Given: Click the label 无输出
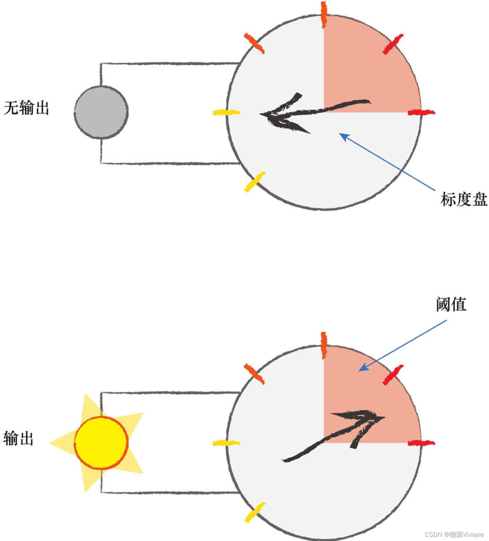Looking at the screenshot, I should (x=26, y=108).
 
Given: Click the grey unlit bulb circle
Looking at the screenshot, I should (x=101, y=112).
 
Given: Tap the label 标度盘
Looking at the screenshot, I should (x=464, y=199).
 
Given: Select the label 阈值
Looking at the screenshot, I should (x=451, y=304).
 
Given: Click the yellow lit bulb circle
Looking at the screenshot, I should (x=101, y=443).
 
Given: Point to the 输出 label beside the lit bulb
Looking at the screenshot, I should (x=19, y=438).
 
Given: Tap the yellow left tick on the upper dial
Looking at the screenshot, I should (x=226, y=112).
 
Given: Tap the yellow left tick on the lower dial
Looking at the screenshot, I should (x=226, y=443).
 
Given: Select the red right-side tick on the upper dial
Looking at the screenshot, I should (x=421, y=112).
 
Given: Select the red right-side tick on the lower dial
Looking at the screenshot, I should (x=421, y=443).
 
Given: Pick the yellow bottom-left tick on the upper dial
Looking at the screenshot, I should (x=255, y=182).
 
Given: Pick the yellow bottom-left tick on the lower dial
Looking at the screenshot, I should (x=255, y=512).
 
